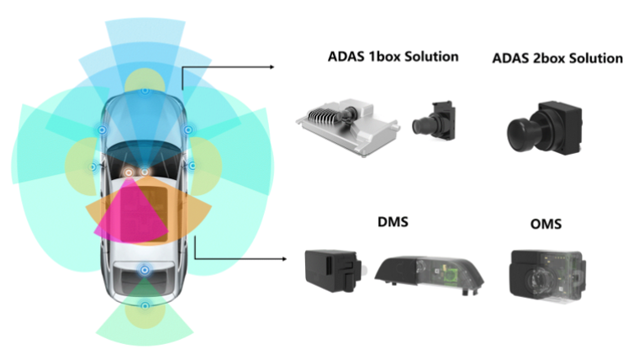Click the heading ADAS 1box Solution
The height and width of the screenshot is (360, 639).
393,57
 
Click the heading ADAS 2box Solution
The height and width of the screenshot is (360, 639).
557,59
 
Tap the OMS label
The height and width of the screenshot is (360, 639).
547,225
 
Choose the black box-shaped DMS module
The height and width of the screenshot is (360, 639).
330,272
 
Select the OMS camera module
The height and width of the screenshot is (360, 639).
543,273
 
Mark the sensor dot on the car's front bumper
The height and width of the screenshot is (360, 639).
145,89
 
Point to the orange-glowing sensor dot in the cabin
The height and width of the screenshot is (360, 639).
129,172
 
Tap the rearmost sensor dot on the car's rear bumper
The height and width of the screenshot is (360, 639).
145,307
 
